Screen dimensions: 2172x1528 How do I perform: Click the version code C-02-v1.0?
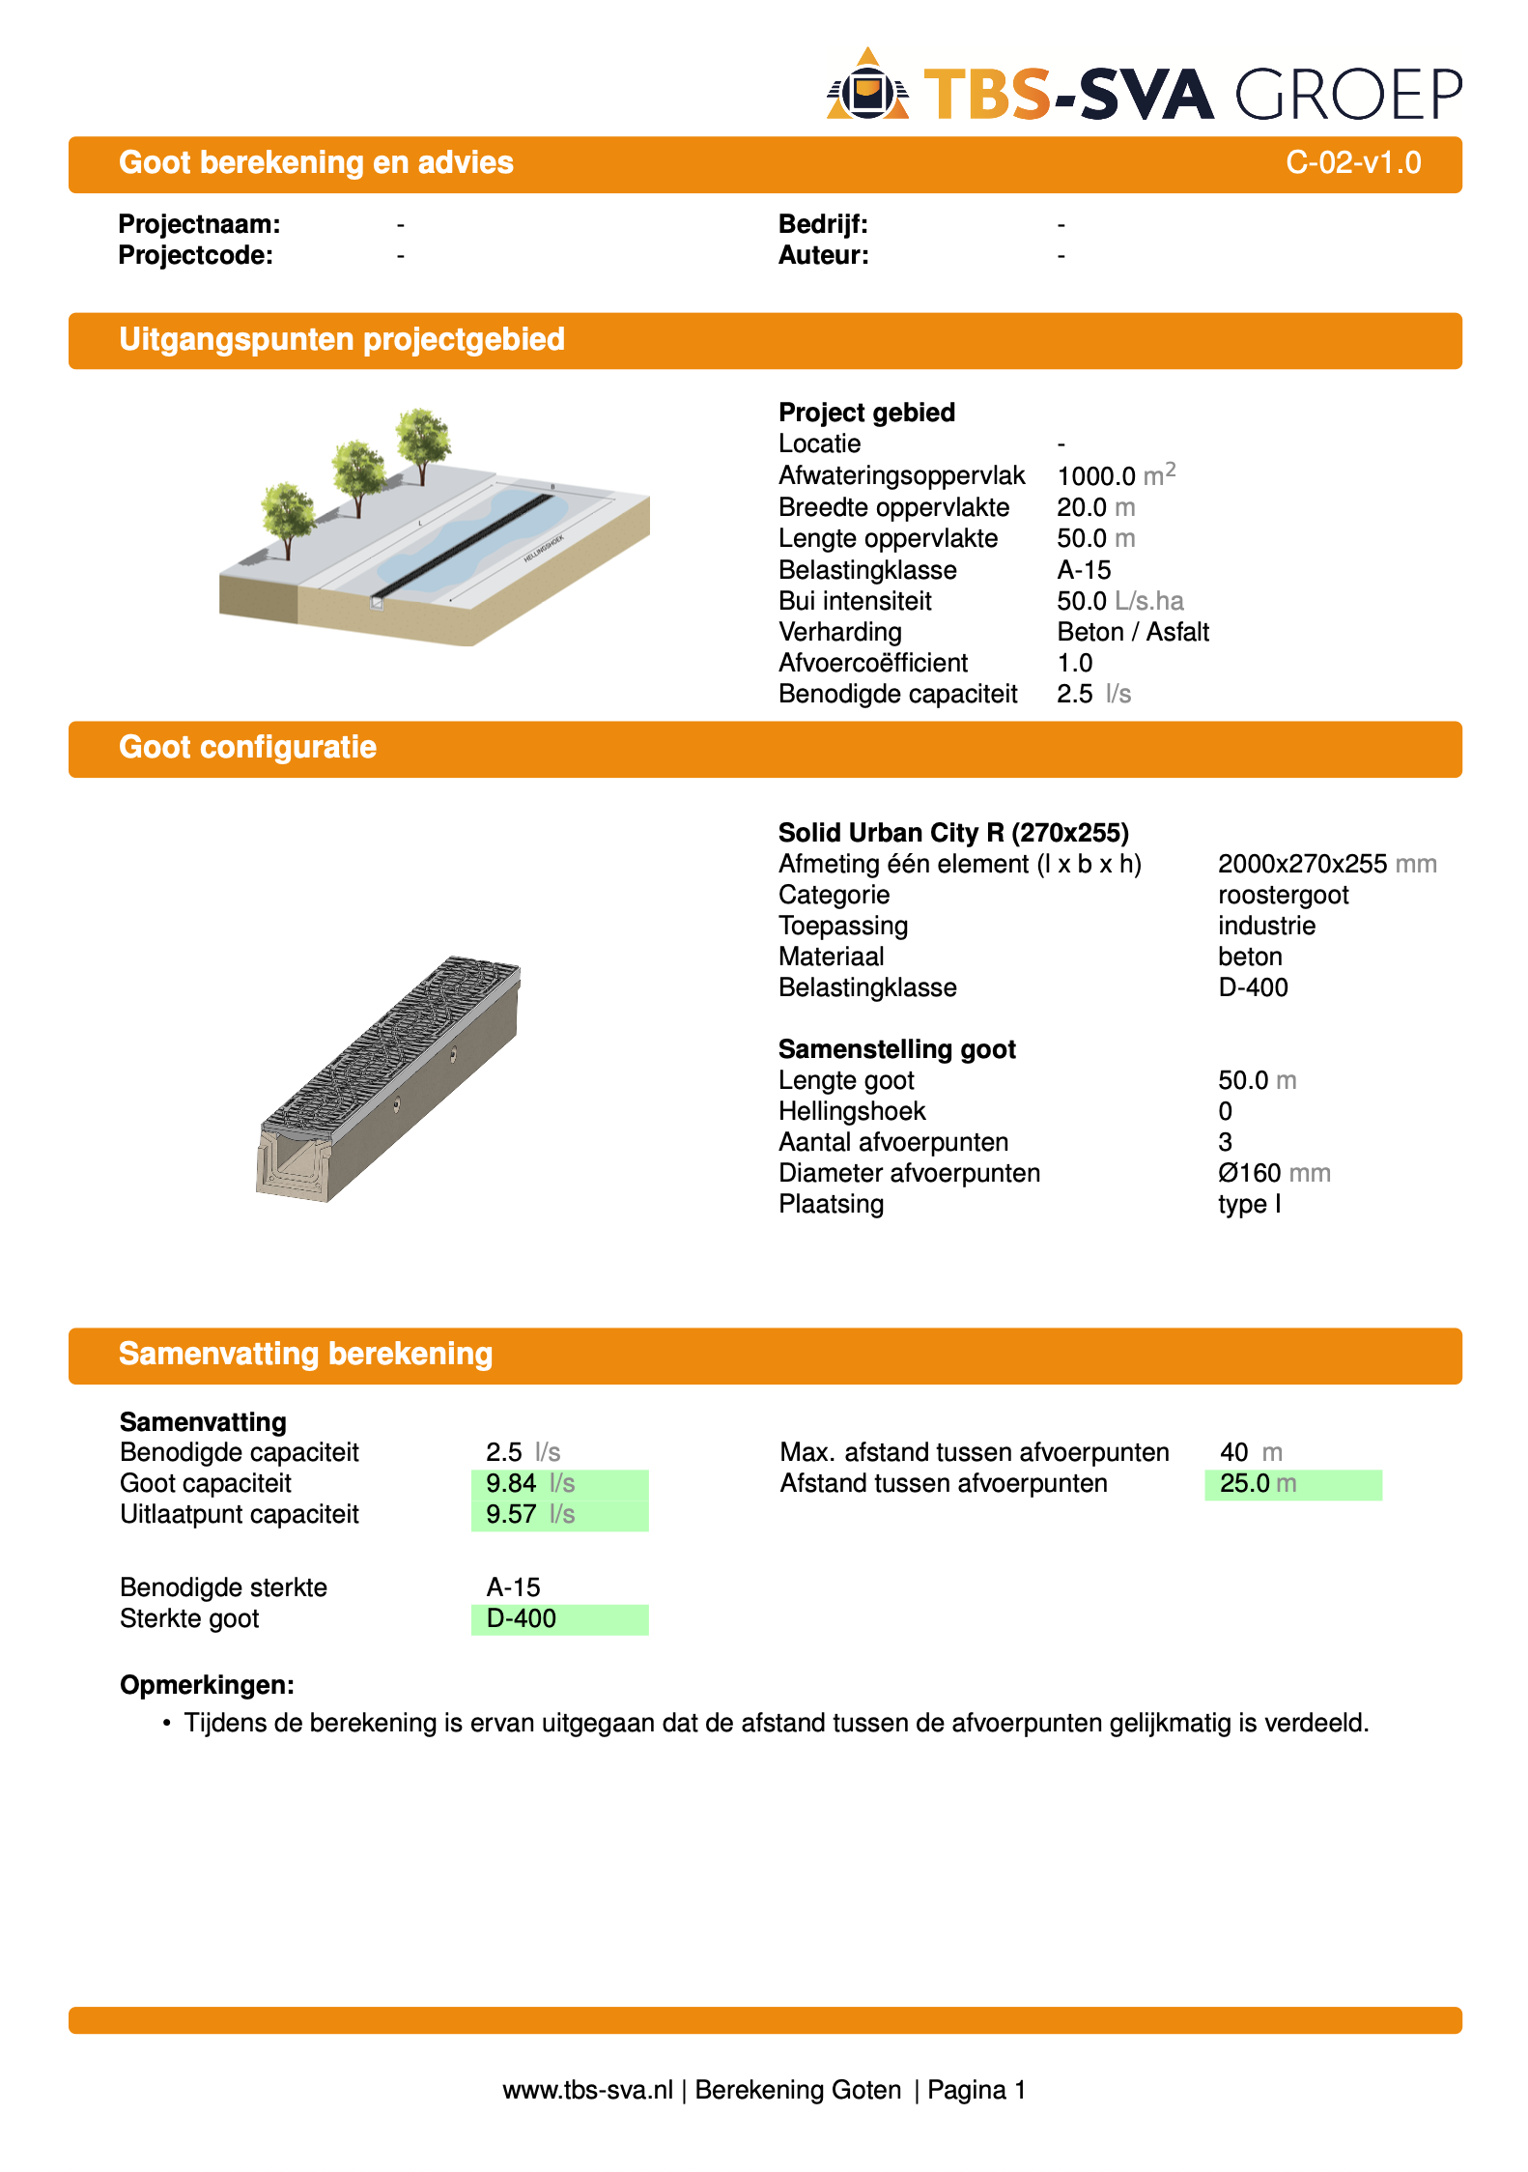pos(1352,162)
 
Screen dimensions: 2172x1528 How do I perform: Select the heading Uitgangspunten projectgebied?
pos(341,340)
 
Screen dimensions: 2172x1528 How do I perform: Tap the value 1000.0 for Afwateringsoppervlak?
pos(1096,476)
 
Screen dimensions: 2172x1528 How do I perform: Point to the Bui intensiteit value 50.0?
pos(1081,601)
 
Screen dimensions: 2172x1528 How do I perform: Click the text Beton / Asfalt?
pos(1132,632)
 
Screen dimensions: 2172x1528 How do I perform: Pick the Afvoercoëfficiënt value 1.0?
pos(1074,663)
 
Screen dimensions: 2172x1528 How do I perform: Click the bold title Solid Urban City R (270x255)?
pos(952,833)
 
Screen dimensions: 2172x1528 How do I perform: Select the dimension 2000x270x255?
pos(1301,864)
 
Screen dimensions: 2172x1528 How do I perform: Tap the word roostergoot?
pos(1283,895)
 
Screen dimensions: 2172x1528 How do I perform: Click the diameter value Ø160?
pos(1249,1173)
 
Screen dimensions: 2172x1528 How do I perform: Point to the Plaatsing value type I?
pos(1249,1204)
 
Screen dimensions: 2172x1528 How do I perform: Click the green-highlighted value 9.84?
pos(511,1483)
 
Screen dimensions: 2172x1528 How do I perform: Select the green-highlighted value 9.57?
pos(511,1514)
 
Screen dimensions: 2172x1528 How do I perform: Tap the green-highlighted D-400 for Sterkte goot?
pos(522,1618)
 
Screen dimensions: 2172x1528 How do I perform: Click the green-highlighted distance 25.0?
pos(1244,1483)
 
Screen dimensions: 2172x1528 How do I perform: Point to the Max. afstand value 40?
pos(1233,1452)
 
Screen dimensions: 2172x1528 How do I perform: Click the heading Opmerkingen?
pos(207,1685)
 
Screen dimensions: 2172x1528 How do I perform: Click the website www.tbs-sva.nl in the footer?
pos(587,2090)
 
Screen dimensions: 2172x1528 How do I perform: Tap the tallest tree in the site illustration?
pos(422,440)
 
